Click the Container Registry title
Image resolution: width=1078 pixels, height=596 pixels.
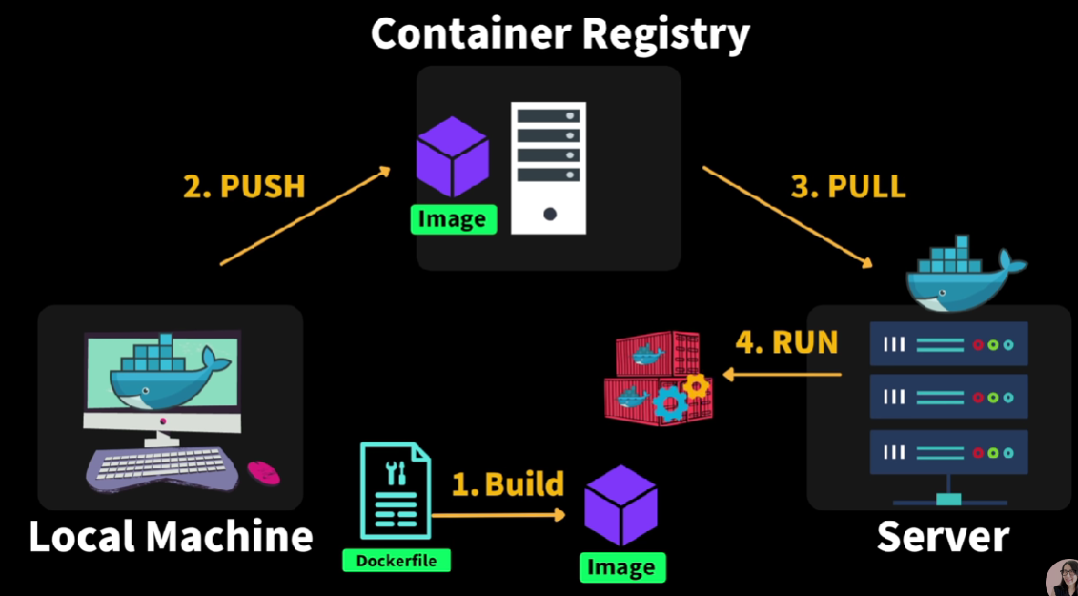pyautogui.click(x=559, y=34)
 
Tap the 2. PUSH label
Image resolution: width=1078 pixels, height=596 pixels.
pyautogui.click(x=244, y=187)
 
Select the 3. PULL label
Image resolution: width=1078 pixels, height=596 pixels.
pyautogui.click(x=848, y=186)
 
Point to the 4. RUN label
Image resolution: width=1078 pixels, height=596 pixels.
pyautogui.click(x=786, y=342)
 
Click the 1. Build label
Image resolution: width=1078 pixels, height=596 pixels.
pyautogui.click(x=507, y=483)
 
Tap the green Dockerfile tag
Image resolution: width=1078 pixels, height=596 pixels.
pyautogui.click(x=397, y=560)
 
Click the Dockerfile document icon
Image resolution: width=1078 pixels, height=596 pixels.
pyautogui.click(x=396, y=490)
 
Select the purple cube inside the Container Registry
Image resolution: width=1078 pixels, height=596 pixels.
pyautogui.click(x=453, y=157)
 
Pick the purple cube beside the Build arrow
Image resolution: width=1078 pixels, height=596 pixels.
pyautogui.click(x=620, y=505)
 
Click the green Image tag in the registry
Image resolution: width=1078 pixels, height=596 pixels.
pyautogui.click(x=453, y=219)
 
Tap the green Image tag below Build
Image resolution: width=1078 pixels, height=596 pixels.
pyautogui.click(x=622, y=567)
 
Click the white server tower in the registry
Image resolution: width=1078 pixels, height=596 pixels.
pyautogui.click(x=549, y=169)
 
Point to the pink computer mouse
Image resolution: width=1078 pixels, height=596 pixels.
pyautogui.click(x=263, y=472)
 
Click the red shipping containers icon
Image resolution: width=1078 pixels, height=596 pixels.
pyautogui.click(x=658, y=378)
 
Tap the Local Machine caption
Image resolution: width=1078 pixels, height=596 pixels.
pyautogui.click(x=171, y=537)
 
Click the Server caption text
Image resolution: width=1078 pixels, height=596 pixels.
pyautogui.click(x=943, y=537)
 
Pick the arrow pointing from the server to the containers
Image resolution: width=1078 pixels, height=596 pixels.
pyautogui.click(x=782, y=375)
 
